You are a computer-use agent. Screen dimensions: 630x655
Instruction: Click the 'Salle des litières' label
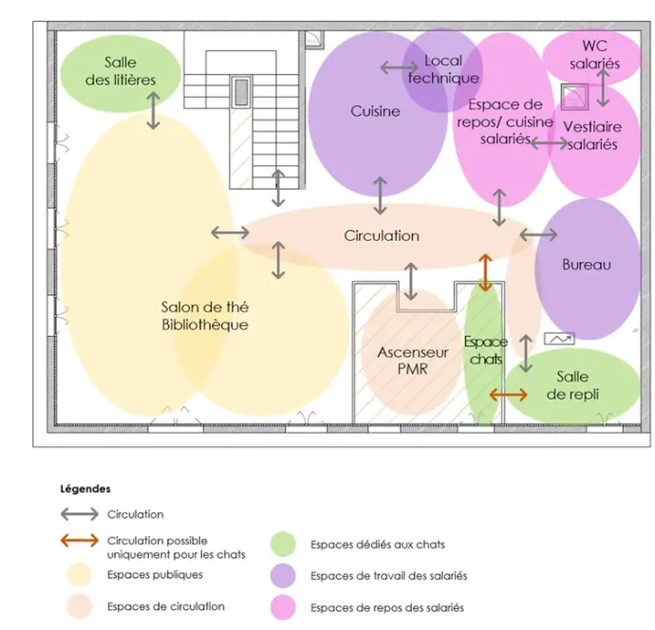click(121, 71)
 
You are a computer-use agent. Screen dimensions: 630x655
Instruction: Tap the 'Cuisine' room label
click(375, 111)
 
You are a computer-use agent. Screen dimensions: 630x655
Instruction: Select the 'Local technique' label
click(443, 69)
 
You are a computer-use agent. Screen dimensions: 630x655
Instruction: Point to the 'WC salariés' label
click(595, 55)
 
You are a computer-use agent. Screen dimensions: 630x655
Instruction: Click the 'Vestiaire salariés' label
click(591, 135)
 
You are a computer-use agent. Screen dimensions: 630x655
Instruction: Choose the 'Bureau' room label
click(587, 265)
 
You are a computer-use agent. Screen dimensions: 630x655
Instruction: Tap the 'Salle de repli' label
click(571, 385)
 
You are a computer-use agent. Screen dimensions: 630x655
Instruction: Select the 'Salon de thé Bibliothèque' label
click(204, 316)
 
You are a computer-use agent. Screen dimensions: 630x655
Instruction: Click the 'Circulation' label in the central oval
click(381, 235)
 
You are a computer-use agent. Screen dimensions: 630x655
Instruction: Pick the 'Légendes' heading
click(85, 490)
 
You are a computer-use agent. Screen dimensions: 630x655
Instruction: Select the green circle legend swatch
click(284, 544)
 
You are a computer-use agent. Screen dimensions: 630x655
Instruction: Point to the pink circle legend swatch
click(284, 606)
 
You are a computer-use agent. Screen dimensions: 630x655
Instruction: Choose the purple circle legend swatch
click(284, 575)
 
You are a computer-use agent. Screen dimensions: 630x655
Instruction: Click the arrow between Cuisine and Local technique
click(399, 67)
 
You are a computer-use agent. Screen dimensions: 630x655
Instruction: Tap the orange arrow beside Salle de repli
click(509, 394)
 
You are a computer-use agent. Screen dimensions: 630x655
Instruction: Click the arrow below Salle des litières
click(154, 112)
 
